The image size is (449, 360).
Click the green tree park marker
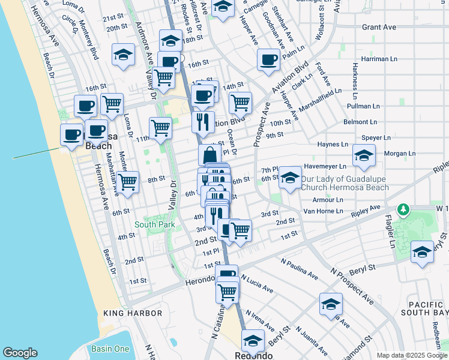click(404, 210)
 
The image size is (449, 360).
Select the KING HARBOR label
click(133, 313)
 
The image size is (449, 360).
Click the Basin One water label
click(110, 349)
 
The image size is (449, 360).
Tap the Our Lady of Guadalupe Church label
click(345, 183)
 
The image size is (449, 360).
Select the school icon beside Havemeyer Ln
click(363, 155)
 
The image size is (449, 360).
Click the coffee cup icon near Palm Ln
click(268, 59)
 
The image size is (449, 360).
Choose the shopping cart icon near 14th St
click(240, 101)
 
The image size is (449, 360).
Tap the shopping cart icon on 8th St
click(127, 182)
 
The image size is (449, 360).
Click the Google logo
click(20, 353)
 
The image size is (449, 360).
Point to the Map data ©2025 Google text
click(411, 355)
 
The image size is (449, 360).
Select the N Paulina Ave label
click(300, 269)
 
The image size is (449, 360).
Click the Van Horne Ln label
click(323, 211)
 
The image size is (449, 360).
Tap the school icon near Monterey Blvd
click(123, 55)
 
